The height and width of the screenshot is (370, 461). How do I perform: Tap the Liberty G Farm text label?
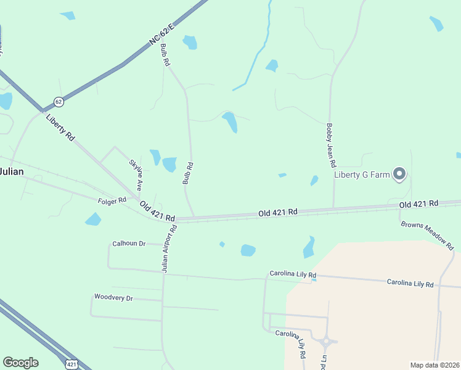[x=362, y=175]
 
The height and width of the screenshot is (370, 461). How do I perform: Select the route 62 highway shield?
[x=59, y=101]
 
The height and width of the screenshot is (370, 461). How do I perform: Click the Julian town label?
[x=11, y=171]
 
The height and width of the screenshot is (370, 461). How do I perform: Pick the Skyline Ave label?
[x=136, y=175]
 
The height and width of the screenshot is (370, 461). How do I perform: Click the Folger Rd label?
[x=112, y=200]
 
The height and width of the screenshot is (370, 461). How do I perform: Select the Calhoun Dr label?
[x=129, y=244]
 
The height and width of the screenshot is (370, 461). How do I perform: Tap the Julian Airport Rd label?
[x=169, y=248]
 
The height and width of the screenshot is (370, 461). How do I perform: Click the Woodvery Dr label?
[x=113, y=298]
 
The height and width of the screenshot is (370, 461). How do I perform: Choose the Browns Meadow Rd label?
[x=427, y=234]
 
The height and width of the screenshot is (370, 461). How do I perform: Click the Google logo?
[x=20, y=363]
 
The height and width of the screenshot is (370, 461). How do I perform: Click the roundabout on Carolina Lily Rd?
[x=326, y=340]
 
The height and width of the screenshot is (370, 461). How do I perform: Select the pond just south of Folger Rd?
[x=93, y=219]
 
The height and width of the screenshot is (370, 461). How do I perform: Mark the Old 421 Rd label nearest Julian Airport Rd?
[x=157, y=212]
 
